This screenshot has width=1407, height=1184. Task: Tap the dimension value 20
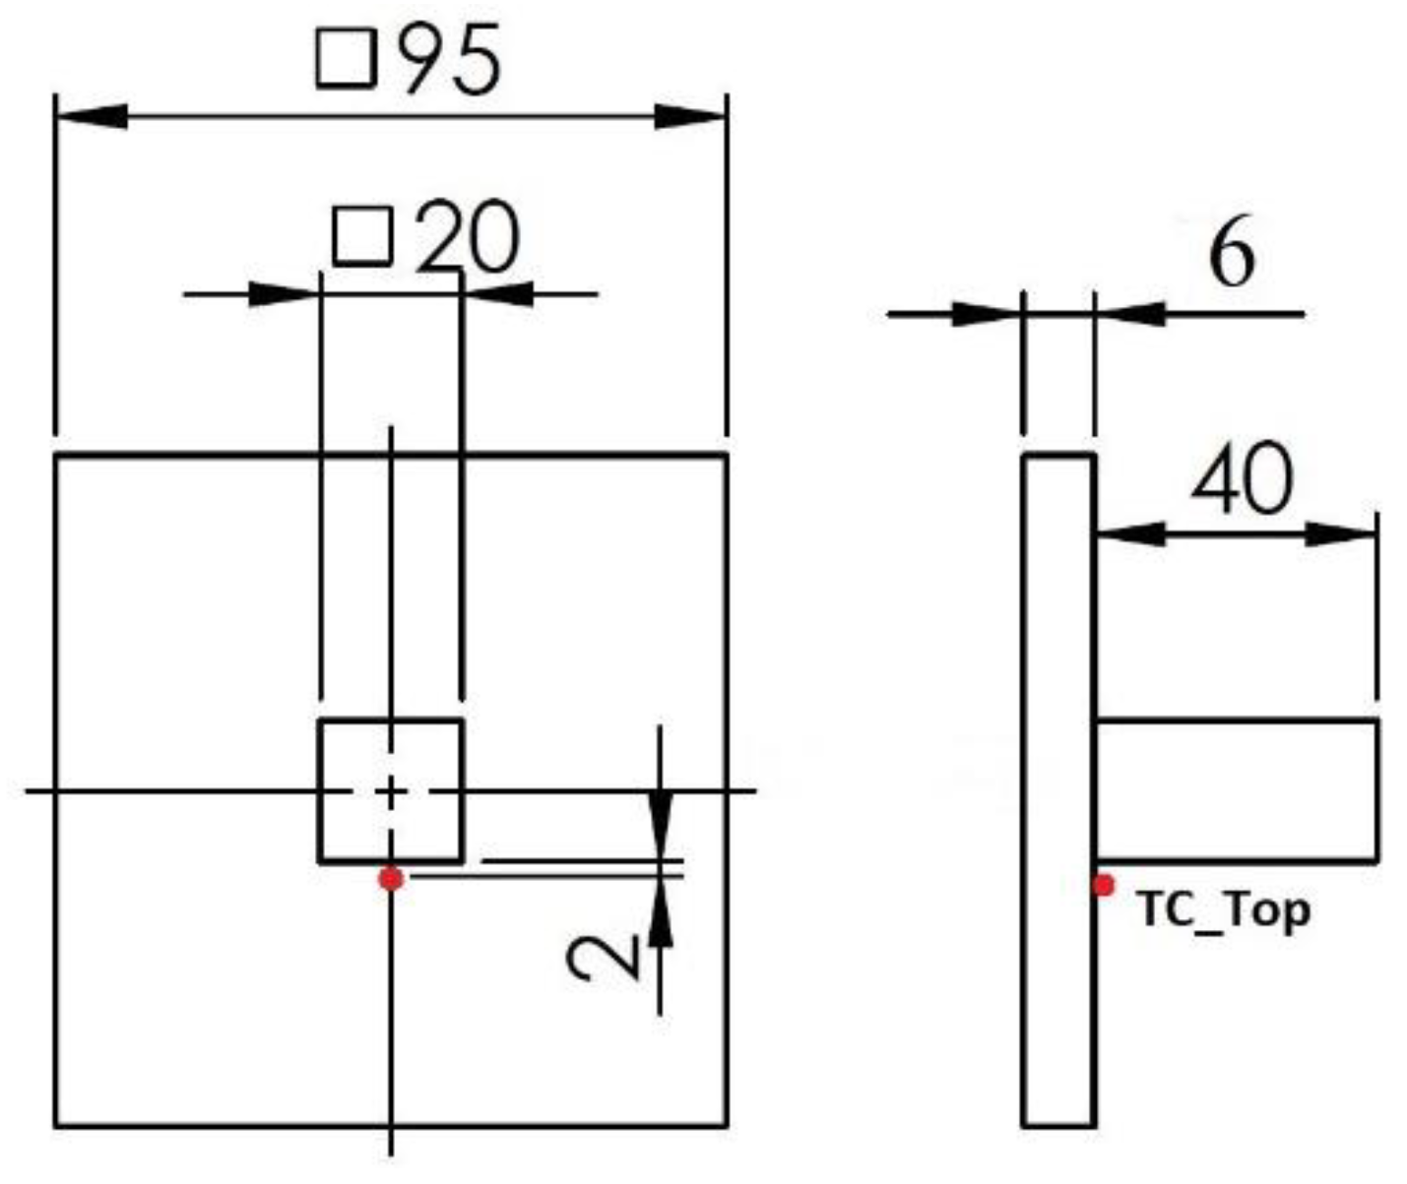point(467,238)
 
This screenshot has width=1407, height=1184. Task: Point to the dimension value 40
point(1241,479)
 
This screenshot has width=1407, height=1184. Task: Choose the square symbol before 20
point(362,236)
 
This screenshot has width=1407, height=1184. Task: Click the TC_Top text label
point(1224,909)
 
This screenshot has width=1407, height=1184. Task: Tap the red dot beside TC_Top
point(1104,885)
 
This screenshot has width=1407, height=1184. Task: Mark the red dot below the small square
point(391,878)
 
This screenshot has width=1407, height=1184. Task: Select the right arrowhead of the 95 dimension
point(691,116)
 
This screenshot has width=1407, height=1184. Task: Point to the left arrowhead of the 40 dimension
point(1130,533)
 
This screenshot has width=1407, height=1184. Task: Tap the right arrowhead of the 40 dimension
point(1341,534)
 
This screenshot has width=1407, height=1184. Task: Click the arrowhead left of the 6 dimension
point(985,314)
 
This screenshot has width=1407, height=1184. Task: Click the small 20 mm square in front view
point(391,790)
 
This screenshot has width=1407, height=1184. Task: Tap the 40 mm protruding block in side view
point(1237,790)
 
